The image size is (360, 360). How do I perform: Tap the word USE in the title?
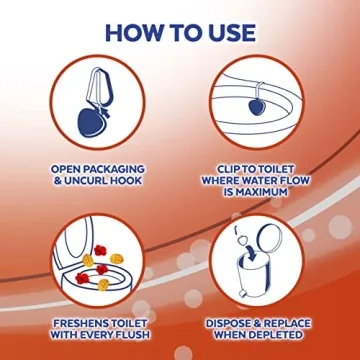tap(231, 33)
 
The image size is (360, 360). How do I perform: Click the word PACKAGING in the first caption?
tap(114, 169)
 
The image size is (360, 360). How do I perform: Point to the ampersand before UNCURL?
tap(57, 181)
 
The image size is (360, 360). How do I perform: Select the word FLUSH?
tap(131, 335)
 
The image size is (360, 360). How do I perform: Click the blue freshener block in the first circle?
tap(91, 122)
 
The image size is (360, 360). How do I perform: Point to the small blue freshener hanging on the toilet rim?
tap(257, 108)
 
